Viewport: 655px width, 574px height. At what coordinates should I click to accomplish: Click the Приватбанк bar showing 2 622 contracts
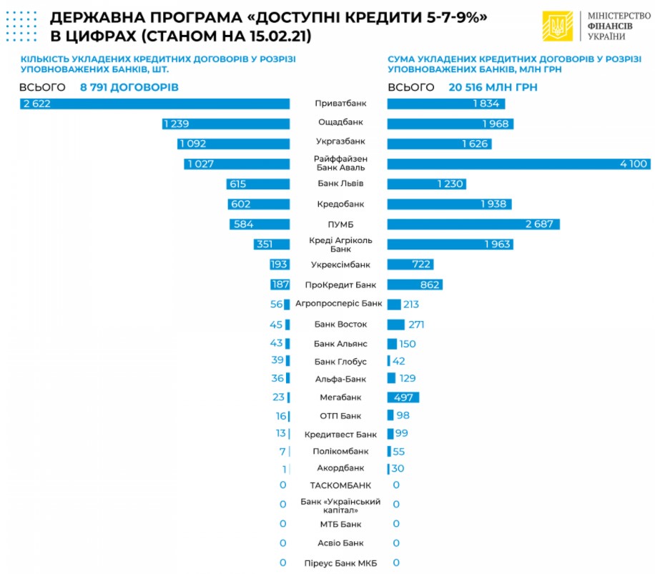click(x=154, y=104)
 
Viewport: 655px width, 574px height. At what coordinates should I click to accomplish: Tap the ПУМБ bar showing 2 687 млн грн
click(x=473, y=224)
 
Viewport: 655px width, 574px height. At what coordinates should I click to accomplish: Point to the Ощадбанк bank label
click(x=340, y=124)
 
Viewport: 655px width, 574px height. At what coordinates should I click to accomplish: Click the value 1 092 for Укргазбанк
click(x=192, y=144)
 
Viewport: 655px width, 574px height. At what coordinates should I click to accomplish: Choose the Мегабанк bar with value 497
click(x=403, y=397)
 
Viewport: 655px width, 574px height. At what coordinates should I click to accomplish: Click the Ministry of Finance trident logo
click(x=557, y=26)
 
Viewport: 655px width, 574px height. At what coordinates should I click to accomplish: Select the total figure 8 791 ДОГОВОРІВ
click(x=129, y=87)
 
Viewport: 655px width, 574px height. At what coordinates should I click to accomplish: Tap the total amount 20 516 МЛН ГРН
click(x=493, y=87)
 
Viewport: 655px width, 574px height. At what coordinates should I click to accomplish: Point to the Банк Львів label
click(x=340, y=184)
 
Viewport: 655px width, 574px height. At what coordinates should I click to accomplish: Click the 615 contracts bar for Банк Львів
click(x=257, y=184)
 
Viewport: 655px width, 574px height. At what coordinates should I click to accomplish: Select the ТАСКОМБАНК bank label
click(x=340, y=485)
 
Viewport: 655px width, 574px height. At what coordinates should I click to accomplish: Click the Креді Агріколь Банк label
click(x=340, y=244)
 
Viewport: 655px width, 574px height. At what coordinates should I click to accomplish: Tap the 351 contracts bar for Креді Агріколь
click(x=272, y=244)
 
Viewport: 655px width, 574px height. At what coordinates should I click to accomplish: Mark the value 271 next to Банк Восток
click(x=417, y=325)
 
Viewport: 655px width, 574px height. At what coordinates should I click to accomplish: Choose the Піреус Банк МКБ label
click(x=340, y=563)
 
